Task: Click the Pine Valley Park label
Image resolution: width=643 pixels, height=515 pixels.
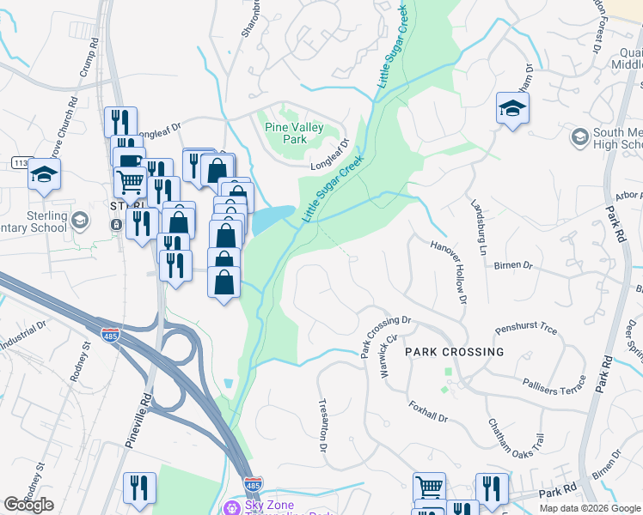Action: point(294,133)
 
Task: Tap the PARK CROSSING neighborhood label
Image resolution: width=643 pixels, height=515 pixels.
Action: point(454,352)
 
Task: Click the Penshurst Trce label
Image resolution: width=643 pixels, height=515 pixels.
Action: point(526,330)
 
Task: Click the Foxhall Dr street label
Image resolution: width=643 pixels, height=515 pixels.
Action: point(428,412)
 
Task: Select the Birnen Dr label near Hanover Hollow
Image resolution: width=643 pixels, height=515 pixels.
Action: point(514,265)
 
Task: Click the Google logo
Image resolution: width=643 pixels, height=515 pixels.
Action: point(29,505)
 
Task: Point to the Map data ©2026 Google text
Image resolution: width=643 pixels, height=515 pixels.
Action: point(589,508)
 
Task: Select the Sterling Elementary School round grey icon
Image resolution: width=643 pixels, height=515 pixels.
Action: point(80,221)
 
